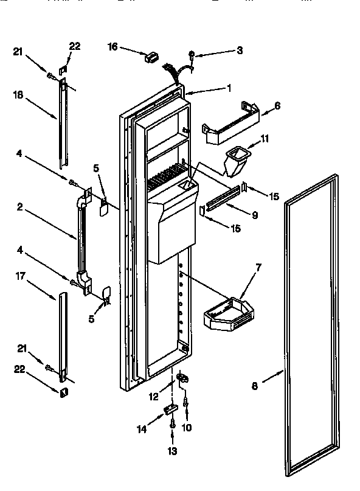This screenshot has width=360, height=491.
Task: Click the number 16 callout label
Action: pyautogui.click(x=112, y=46)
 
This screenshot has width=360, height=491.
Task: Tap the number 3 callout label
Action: pyautogui.click(x=240, y=50)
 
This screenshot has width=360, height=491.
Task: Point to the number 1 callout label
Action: pyautogui.click(x=229, y=88)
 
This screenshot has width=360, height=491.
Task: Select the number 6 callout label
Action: pyautogui.click(x=277, y=105)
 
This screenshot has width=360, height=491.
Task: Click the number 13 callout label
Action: pyautogui.click(x=172, y=451)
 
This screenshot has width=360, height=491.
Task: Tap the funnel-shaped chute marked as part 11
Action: pyautogui.click(x=234, y=161)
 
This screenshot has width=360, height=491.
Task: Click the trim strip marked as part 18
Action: pyautogui.click(x=63, y=125)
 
